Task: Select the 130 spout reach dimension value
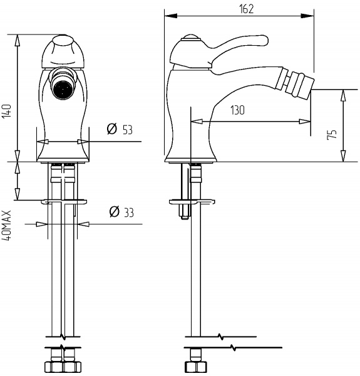(237, 110)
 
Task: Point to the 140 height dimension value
(7, 111)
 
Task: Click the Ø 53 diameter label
(120, 130)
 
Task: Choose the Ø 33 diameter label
(121, 212)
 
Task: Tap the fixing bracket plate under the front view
(62, 202)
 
